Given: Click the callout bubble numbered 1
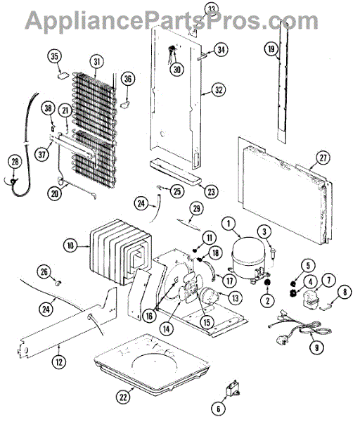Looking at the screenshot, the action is click(x=229, y=224).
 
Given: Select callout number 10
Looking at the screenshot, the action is click(x=70, y=245).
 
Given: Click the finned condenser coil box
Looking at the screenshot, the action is click(x=120, y=252).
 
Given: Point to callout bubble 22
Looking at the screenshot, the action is click(x=123, y=397).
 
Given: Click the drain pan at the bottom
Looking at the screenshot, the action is click(x=152, y=363).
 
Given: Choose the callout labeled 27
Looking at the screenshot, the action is click(x=323, y=158).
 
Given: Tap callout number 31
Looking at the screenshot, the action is click(x=96, y=62).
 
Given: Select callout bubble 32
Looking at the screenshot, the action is click(x=219, y=89).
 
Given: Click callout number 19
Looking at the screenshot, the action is click(x=271, y=49).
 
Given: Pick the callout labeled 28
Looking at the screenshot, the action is click(x=15, y=162).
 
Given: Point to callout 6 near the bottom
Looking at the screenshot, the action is click(x=218, y=409).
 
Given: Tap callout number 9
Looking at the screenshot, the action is click(x=316, y=347).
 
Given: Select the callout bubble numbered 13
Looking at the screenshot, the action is click(x=236, y=298).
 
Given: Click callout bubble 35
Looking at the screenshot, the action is click(x=54, y=56).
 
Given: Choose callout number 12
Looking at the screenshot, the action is click(x=59, y=362).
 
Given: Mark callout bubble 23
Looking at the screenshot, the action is click(x=211, y=191).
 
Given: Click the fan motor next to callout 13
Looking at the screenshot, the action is click(x=209, y=294).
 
